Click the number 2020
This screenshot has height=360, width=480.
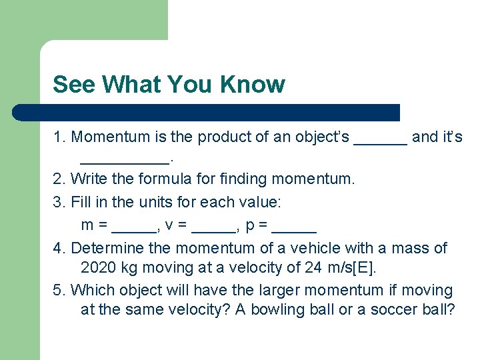(98, 269)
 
